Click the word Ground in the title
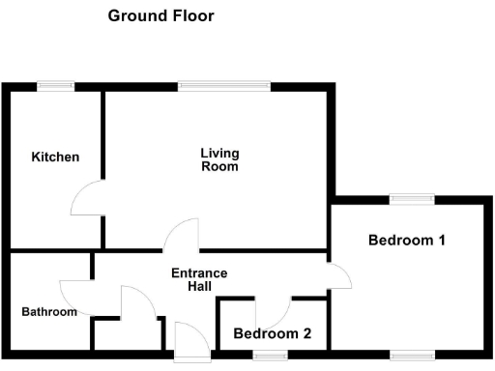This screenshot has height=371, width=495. pos(133,16)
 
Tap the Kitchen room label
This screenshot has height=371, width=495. pos(55,157)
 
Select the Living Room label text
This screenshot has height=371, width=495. pos(219,159)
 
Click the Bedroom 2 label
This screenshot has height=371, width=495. pos(273,334)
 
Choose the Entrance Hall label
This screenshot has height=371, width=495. pos(199,280)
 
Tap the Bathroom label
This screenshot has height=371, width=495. pos(49,312)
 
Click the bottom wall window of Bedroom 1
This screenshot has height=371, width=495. pos(412,354)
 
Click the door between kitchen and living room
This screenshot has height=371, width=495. pos(89,201)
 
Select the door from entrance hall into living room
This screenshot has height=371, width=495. pos(182,236)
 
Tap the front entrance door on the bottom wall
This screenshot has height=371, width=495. pos(190,340)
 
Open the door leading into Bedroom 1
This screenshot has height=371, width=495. pos(338,276)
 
